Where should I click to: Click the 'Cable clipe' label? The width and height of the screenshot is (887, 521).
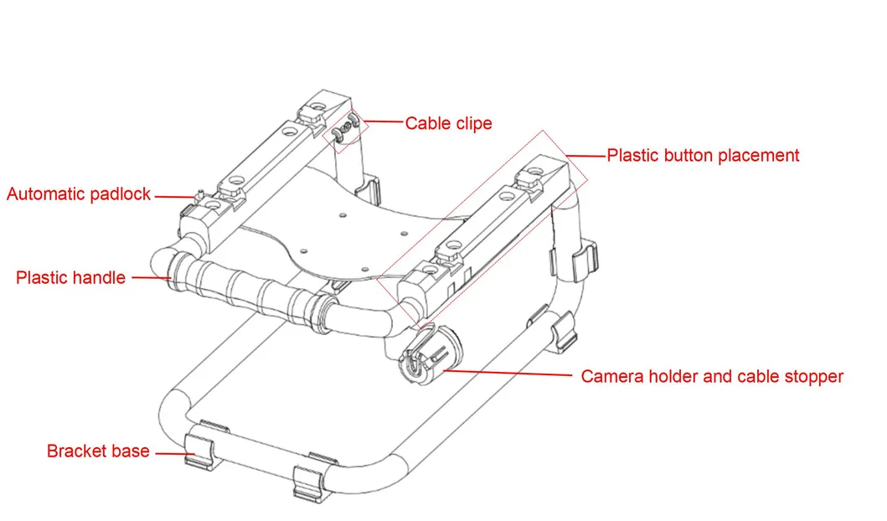pos(449,123)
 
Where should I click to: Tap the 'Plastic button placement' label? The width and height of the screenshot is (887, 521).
pos(704,156)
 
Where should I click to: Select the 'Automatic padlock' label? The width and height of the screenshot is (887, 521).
pos(79,194)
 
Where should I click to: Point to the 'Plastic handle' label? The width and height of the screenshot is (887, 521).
pos(70,278)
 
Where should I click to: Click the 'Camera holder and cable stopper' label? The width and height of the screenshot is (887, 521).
pos(712,377)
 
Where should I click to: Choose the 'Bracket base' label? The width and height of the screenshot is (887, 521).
pos(98,451)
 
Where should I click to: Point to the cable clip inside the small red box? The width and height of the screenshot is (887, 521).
pos(346,128)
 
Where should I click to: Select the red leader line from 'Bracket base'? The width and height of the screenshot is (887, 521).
pos(175,453)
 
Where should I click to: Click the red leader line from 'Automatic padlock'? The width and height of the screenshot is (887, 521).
pos(175,197)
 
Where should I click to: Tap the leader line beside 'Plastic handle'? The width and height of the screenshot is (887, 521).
pos(152,278)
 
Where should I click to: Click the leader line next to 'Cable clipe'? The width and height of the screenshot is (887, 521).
pos(383,121)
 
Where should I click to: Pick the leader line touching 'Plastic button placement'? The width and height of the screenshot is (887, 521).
pos(585,156)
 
